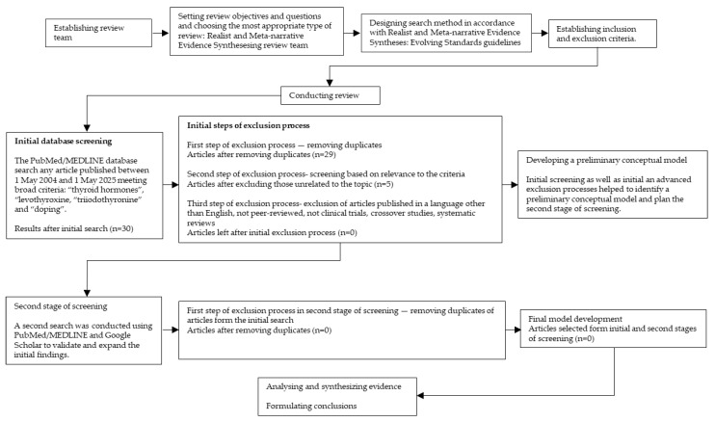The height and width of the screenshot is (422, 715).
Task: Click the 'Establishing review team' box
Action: [x=98, y=33]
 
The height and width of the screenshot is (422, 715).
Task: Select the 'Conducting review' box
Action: [x=331, y=95]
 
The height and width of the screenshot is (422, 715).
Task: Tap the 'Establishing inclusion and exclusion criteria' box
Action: [x=602, y=34]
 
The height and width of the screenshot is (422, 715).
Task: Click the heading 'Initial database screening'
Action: [x=63, y=142]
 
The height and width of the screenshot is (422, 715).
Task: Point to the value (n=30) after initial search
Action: [x=121, y=228]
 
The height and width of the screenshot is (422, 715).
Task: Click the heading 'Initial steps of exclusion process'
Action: [x=248, y=125]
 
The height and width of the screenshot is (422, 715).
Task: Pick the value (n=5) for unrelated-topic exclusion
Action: [x=384, y=184]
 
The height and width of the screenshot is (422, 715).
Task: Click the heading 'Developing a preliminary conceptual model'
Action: [x=606, y=160]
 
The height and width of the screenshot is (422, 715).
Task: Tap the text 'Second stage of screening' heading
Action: [x=61, y=306]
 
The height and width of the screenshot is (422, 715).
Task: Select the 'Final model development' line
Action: [x=575, y=319]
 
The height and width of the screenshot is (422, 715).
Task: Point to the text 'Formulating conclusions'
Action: [x=311, y=406]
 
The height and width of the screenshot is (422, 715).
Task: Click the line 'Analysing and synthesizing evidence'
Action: [x=333, y=386]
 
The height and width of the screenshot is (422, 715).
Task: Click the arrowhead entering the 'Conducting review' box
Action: [x=330, y=83]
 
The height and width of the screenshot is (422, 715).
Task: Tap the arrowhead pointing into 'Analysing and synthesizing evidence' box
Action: [x=420, y=396]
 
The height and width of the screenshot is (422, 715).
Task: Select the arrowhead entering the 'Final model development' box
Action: [x=517, y=330]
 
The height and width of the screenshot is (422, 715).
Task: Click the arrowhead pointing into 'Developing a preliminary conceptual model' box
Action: [x=515, y=185]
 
